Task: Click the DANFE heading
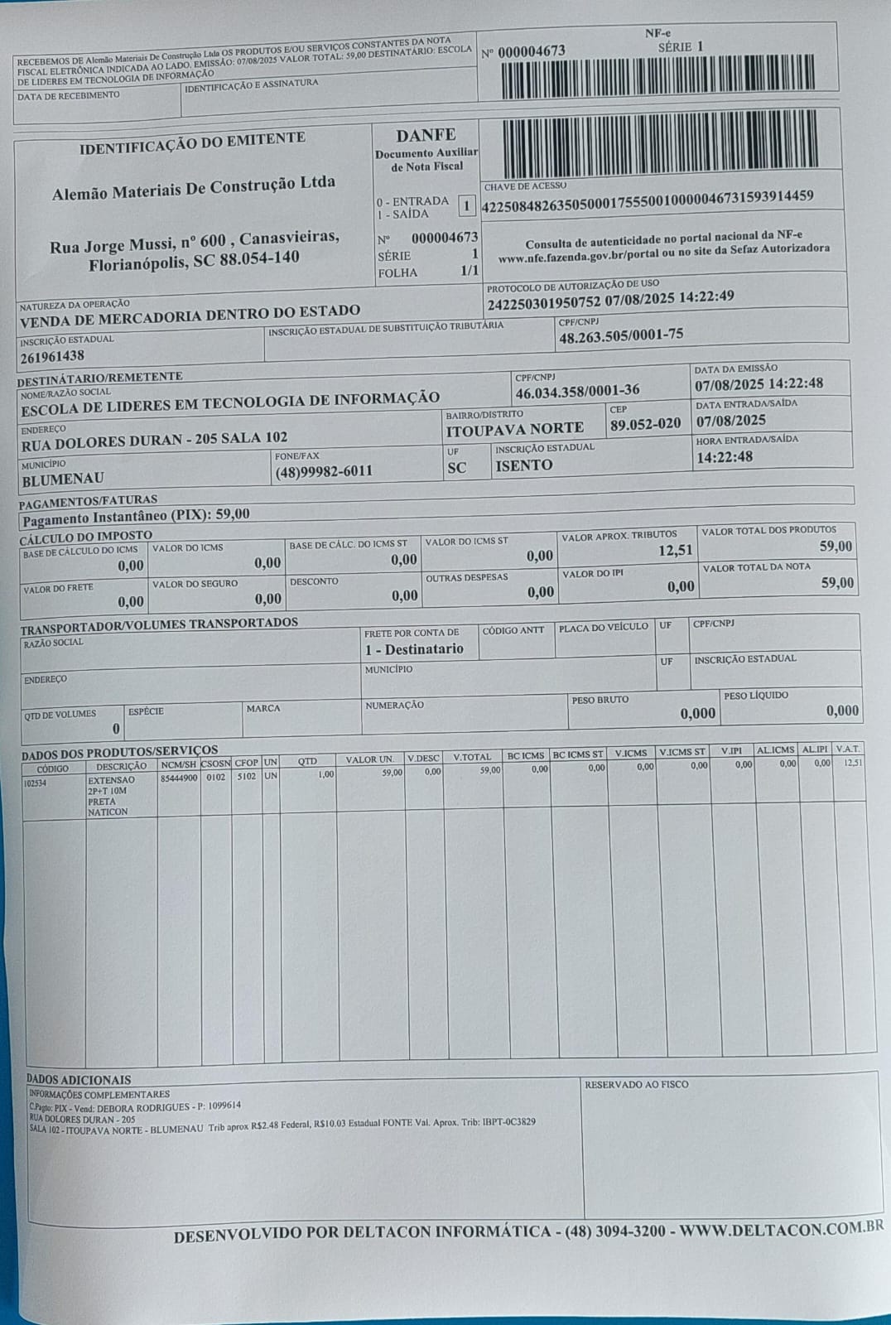pos(426,135)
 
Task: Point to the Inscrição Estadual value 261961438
pos(52,356)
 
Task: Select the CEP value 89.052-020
pos(645,424)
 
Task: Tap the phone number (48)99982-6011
pos(324,471)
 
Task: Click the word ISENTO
pos(523,465)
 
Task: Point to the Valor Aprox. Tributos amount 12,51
pos(675,551)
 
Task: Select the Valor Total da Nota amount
pos(836,583)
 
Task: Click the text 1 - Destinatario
pos(414,649)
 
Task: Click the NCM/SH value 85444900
pos(178,778)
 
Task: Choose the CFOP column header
pos(246,763)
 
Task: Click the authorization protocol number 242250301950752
pos(543,301)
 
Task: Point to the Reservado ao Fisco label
pos(636,1084)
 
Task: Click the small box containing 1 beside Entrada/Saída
pos(466,206)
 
